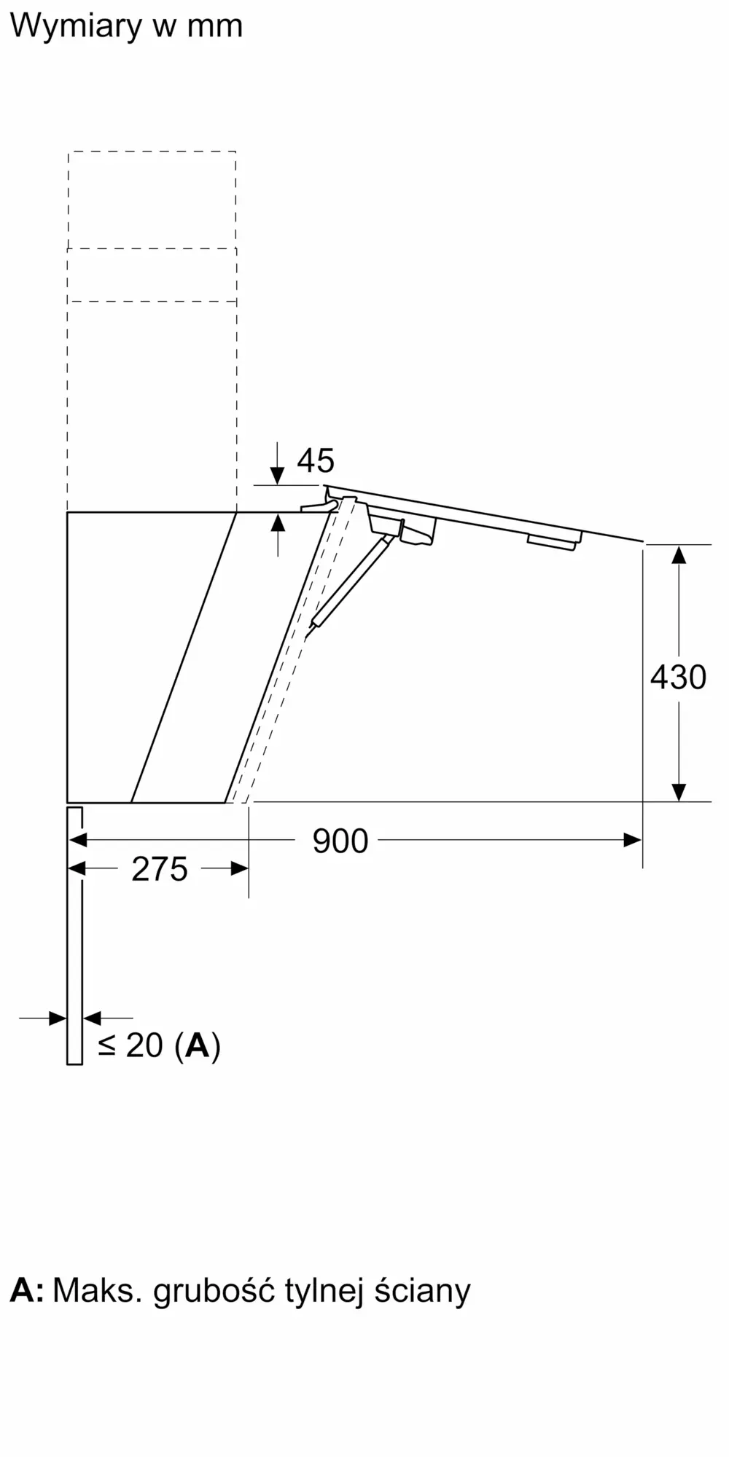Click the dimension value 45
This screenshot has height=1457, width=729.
point(316,460)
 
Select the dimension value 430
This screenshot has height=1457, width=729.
point(678,677)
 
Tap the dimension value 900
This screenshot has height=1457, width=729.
point(340,841)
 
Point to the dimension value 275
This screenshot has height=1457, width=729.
point(160,869)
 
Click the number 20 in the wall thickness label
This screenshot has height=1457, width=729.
point(144,1045)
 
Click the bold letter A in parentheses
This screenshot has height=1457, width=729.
point(198,1045)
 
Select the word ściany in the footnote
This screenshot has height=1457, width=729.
point(423,1292)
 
